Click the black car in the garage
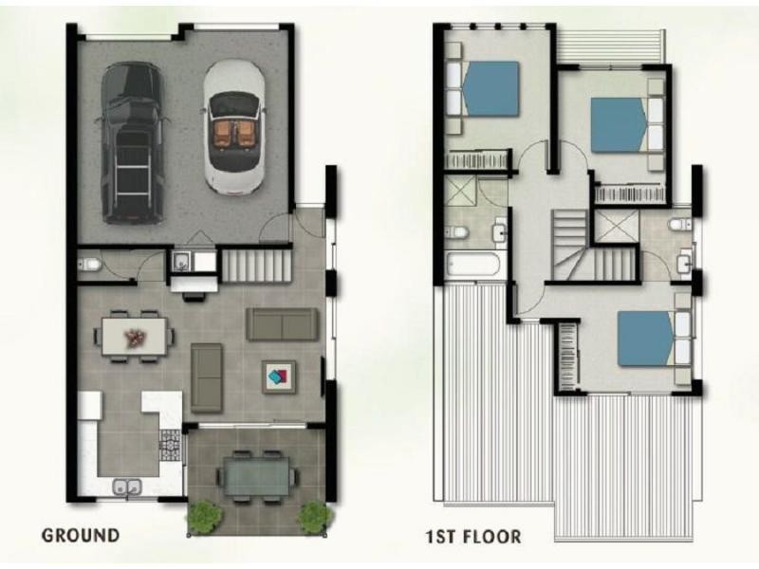coord(131,143)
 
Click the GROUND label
coord(81,535)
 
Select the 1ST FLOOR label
coord(473,537)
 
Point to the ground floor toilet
coord(90,265)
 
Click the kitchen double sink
coord(127,486)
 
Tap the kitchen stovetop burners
coord(171,445)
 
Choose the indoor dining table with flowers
coord(134,337)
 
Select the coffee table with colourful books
coord(279,376)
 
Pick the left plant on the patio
coord(205,517)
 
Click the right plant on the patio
coord(315,517)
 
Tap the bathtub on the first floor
coord(472,265)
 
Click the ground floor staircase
coord(256,266)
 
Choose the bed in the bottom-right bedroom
coord(646,338)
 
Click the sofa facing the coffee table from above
coord(282,324)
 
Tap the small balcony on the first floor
coord(611,46)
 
